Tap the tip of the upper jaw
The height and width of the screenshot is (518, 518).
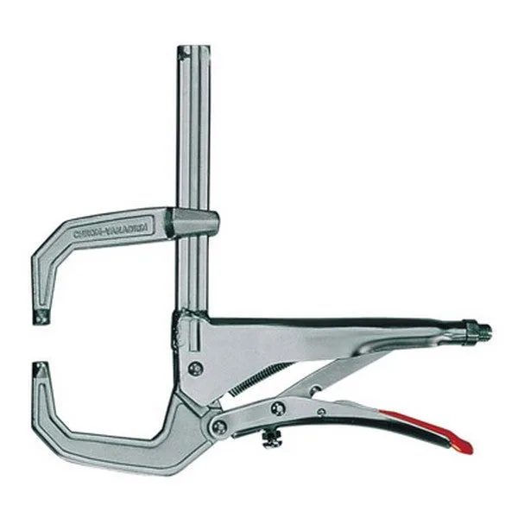41,317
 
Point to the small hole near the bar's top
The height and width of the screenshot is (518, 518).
182,55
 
